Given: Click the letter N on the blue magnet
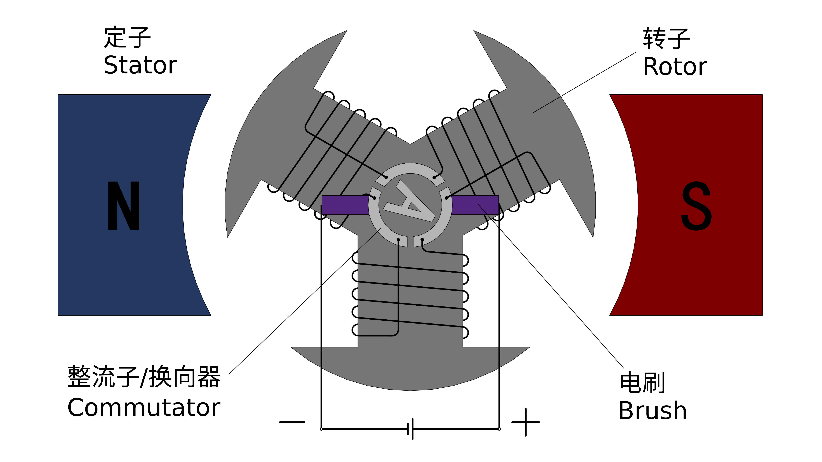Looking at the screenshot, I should point(124,206).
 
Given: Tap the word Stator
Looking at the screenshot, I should point(140,65).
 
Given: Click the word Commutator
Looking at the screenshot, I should point(144,408).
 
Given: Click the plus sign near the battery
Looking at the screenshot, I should point(526,422).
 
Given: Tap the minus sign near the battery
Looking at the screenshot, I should point(292,422).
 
